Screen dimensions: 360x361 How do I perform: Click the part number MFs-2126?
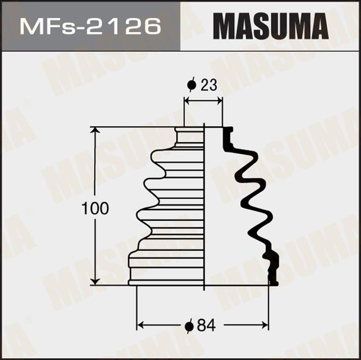[x=90, y=26]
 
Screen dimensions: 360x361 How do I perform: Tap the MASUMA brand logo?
[x=271, y=26]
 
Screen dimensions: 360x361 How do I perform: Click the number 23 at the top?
[x=208, y=85]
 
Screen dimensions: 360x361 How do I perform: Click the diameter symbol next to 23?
[x=191, y=85]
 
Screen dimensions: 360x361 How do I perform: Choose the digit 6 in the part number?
[x=151, y=26]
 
